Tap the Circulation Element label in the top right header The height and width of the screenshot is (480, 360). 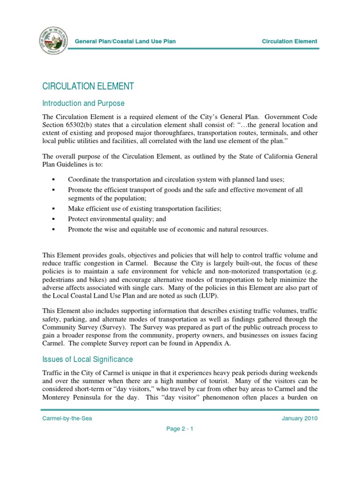click(x=289, y=41)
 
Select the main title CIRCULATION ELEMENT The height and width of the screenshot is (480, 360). click(x=88, y=86)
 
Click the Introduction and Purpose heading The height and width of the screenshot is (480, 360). click(x=83, y=103)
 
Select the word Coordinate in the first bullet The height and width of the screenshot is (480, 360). click(x=84, y=180)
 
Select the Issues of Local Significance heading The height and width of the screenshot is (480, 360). click(x=88, y=360)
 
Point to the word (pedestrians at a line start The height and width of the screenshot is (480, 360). click(x=60, y=279)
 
